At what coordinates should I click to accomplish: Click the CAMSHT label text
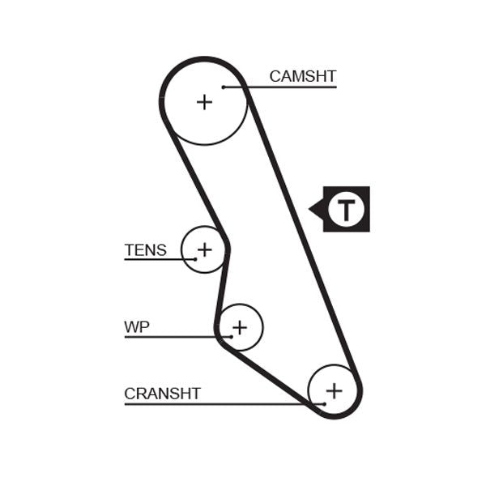[302, 76]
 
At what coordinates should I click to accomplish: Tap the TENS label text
[145, 250]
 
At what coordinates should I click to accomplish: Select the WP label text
[137, 327]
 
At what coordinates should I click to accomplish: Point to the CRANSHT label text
[162, 394]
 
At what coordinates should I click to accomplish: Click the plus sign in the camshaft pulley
[205, 102]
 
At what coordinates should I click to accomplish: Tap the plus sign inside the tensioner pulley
[204, 249]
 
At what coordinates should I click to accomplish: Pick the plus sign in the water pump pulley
[239, 327]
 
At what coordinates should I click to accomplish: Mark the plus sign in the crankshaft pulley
[334, 390]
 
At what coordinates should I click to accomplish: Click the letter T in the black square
[347, 209]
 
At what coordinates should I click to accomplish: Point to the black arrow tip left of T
[311, 210]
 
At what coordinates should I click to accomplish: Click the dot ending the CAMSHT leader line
[223, 87]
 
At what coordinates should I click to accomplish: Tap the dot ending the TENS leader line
[195, 259]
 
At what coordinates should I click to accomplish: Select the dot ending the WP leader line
[232, 336]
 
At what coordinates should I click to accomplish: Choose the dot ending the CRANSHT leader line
[323, 403]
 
